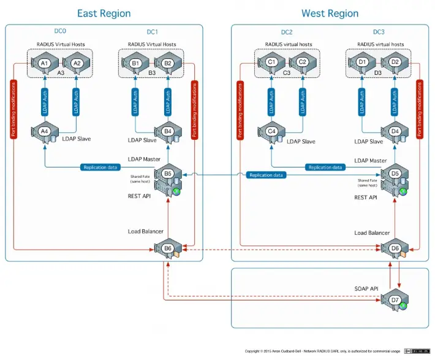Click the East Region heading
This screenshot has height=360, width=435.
(x=104, y=13)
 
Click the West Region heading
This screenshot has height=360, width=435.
(x=330, y=13)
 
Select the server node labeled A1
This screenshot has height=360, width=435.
(x=44, y=63)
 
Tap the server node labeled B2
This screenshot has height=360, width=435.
(x=168, y=63)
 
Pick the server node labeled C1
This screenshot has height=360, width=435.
(x=271, y=63)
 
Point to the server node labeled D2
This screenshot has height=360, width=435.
(x=395, y=63)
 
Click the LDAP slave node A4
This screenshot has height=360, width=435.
(x=44, y=132)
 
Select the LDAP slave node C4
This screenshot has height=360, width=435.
(x=271, y=131)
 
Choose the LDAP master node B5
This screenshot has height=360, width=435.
(x=168, y=174)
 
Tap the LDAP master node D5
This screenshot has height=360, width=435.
(x=395, y=174)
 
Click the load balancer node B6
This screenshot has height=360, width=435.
(x=168, y=248)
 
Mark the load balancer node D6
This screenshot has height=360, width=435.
(x=395, y=248)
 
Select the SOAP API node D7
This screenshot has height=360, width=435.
(x=395, y=300)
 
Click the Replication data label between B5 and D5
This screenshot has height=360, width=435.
(x=267, y=175)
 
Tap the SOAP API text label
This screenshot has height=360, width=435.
(x=367, y=288)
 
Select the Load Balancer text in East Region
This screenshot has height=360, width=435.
(x=145, y=231)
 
